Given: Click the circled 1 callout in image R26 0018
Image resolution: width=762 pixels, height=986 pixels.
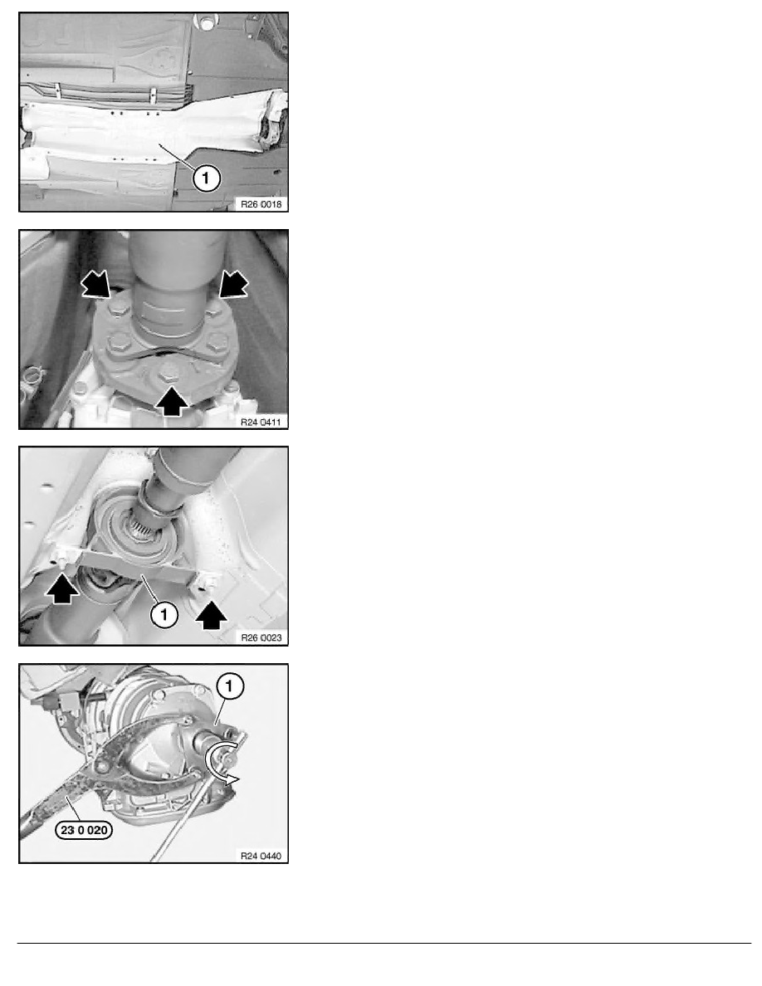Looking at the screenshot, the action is pos(206,178).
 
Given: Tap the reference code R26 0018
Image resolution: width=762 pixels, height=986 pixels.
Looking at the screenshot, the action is pos(261,203).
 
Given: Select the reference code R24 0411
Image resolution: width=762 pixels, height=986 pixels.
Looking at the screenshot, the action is pos(261,422).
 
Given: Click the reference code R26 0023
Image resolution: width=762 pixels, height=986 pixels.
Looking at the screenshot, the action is pos(261,637).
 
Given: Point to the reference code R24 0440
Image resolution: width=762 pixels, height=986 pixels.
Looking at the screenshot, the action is pos(261,855).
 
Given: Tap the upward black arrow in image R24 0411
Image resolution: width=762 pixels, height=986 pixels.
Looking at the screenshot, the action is pos(171,401).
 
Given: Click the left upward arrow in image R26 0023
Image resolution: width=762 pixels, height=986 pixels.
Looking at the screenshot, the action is pos(62,590).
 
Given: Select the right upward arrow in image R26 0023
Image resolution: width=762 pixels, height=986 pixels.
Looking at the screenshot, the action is pos(211,615).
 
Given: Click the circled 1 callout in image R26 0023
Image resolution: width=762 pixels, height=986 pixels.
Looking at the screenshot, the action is pos(164,613).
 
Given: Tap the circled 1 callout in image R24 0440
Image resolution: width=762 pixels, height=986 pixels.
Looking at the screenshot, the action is pos(229,686).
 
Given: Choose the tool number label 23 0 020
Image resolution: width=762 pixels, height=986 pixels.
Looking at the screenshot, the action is pos(85,830).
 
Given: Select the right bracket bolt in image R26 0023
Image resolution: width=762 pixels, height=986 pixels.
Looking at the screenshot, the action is pos(203,583).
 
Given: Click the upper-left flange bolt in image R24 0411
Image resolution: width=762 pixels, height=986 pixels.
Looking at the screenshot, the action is pos(119,308).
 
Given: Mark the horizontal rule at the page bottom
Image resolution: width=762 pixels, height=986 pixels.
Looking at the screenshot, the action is pos(384,943).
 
